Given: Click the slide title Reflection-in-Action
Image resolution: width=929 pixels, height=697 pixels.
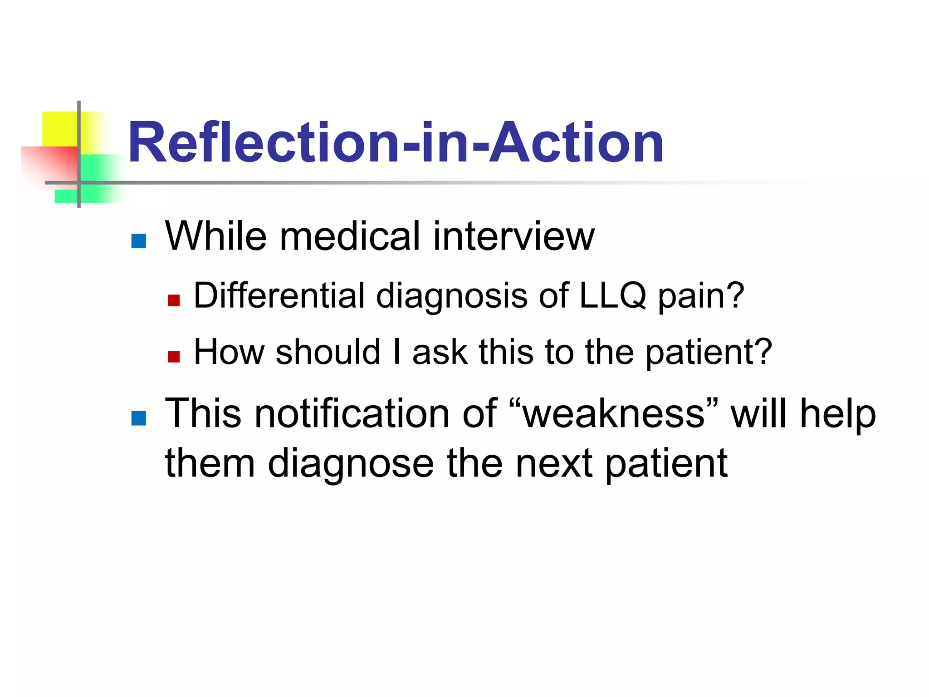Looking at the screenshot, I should tap(396, 142).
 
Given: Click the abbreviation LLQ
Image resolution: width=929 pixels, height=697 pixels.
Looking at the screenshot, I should tap(612, 296).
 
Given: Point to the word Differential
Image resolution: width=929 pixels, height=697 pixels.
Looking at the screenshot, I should tap(279, 296).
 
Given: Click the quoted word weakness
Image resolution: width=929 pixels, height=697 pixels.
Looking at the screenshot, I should tap(613, 414).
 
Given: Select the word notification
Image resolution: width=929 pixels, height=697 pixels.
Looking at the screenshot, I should tap(352, 414).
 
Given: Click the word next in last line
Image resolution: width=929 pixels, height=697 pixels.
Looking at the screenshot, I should tap(554, 464).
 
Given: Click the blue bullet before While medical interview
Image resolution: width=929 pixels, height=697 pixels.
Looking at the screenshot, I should tap(138, 241).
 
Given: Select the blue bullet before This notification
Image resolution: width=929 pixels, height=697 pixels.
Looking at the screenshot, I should tap(138, 418).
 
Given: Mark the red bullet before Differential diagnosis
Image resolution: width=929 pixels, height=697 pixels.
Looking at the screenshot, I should tap(174, 300).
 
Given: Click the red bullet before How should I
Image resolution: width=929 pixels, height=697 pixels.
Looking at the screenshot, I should tap(174, 357).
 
